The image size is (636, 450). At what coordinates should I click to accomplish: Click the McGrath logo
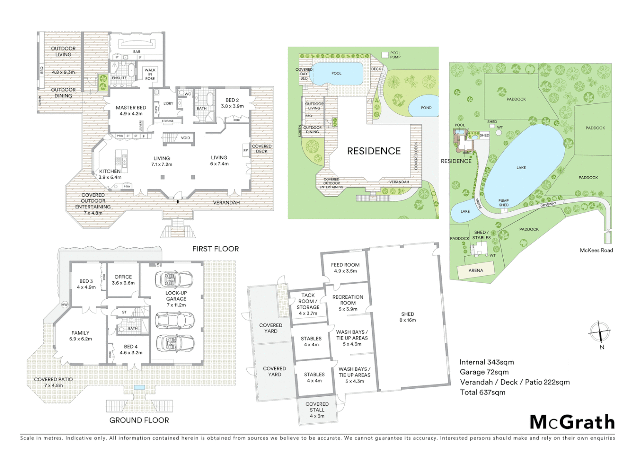tap(572, 422)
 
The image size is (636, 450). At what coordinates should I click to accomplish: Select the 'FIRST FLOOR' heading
tap(215, 249)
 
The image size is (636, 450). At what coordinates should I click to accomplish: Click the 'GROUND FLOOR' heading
tap(139, 420)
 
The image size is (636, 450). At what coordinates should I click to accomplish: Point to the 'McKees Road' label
tap(596, 250)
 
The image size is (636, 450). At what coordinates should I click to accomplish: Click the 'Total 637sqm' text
tap(482, 392)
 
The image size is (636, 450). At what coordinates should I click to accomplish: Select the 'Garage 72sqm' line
tap(484, 372)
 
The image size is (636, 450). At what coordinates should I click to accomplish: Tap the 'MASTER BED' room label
tap(131, 107)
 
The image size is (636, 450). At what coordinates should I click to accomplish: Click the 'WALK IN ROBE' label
tap(150, 75)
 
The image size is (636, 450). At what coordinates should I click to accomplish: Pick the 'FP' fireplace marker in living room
tap(246, 150)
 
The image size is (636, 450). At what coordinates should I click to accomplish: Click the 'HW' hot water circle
tap(65, 305)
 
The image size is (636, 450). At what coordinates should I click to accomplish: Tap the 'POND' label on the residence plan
tap(426, 107)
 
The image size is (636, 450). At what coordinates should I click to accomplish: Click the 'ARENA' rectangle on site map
tap(476, 270)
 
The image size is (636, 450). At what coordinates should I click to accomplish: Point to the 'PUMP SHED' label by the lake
tap(504, 203)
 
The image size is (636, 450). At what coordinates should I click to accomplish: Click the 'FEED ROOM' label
tap(345, 265)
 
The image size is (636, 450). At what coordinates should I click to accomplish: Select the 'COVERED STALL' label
tap(317, 407)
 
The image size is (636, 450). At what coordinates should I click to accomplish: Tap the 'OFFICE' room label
tap(123, 277)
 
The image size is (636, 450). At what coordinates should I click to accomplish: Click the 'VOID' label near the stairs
tap(185, 138)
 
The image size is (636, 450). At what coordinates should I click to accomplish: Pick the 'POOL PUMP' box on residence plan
tap(385, 55)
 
